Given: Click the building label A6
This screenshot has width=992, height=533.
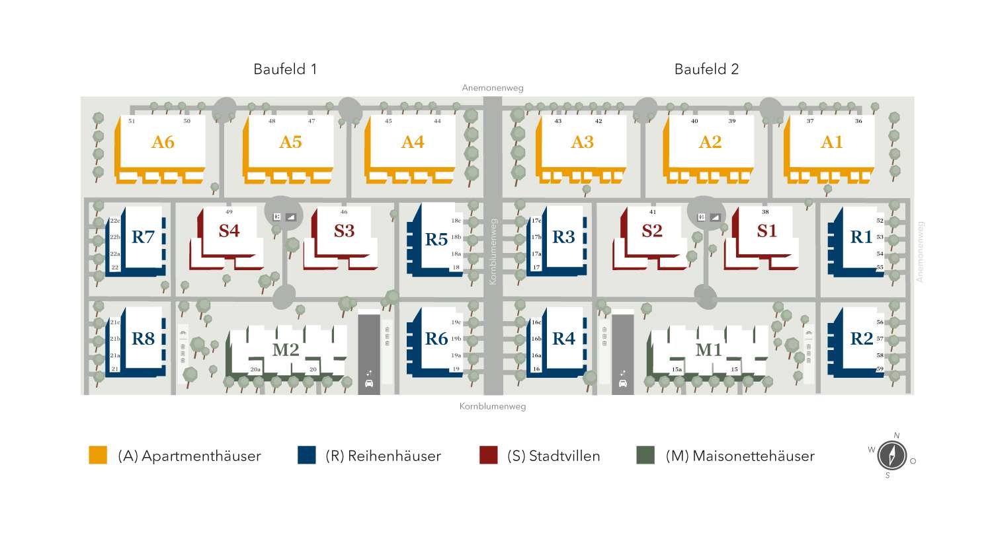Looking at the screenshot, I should [163, 142].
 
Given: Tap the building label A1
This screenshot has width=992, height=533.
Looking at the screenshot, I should [832, 142].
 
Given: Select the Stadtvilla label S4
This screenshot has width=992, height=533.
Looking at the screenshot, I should [229, 231].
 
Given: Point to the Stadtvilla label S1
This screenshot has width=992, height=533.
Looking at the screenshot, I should [767, 231].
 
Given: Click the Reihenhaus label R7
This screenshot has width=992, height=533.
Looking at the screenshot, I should [143, 236].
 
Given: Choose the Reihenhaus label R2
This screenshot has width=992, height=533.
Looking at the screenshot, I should [862, 338].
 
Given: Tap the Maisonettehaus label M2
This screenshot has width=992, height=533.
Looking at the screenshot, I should [286, 349].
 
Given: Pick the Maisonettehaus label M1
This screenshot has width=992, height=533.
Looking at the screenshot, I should [708, 350].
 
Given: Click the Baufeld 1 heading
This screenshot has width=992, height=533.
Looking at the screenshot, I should [285, 69].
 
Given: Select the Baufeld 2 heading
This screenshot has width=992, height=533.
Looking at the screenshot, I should [706, 69].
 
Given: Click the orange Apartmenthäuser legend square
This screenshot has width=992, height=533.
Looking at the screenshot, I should [98, 455].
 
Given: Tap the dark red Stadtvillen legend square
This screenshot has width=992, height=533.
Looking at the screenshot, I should [488, 455].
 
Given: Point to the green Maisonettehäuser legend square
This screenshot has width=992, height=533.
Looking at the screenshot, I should [645, 455].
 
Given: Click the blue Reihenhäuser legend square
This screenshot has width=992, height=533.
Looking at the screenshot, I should [306, 455].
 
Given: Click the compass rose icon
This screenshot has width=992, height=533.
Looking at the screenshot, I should [891, 456].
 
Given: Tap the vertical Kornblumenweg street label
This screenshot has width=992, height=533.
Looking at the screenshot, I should [492, 252].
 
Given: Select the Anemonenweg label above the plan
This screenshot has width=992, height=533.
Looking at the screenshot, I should [493, 88].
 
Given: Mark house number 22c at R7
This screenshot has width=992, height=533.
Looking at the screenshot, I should [114, 221].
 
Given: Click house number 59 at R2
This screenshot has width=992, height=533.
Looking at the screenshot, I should [880, 369].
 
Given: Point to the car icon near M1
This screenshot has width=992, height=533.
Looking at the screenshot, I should [622, 383].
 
